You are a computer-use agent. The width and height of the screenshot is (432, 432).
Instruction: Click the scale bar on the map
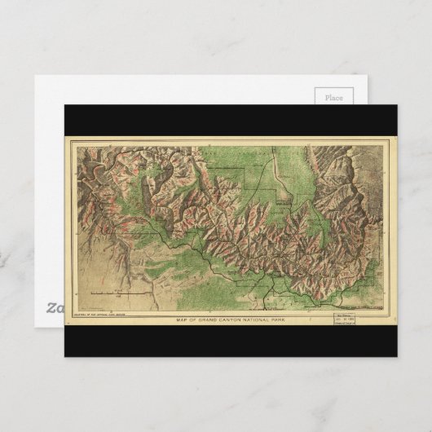[120, 291]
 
